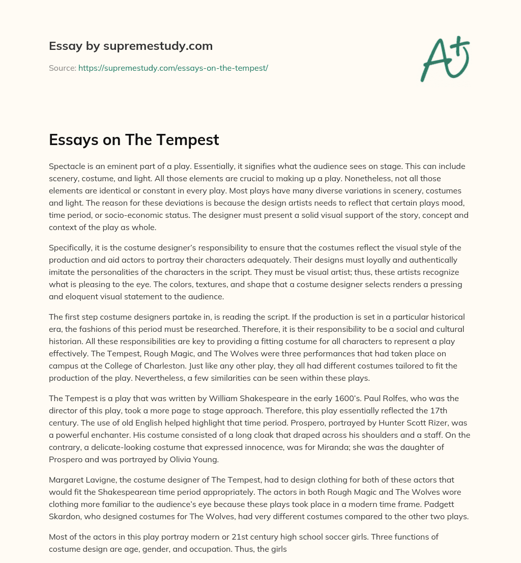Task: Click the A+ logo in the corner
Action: coord(445,59)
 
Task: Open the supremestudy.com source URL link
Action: coord(173,68)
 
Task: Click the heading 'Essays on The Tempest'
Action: coord(134,139)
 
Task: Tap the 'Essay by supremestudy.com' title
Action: coord(131,46)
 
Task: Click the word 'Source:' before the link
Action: coord(62,68)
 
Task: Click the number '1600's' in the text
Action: coord(358,398)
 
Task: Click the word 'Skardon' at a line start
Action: coord(65,516)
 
